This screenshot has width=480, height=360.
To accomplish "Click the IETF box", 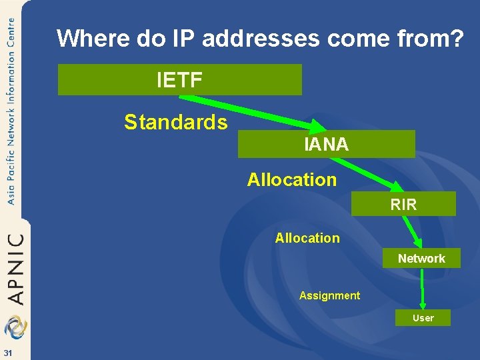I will click(179, 80).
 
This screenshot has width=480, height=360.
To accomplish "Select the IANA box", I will click(326, 144).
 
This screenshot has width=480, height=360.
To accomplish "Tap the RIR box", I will click(403, 204).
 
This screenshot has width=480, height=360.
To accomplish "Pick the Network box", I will click(421, 258).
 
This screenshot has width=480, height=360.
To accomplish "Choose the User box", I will click(423, 318).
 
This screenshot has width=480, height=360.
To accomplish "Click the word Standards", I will click(176, 122).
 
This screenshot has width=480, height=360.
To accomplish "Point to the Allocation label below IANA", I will click(292, 179).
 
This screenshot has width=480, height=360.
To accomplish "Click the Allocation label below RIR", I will click(307, 238).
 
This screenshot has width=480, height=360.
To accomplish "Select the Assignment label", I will click(329, 295).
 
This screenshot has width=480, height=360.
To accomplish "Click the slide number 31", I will click(7, 353).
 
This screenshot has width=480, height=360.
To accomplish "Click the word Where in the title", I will click(93, 39).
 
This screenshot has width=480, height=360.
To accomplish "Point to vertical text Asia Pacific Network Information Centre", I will click(11, 110).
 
